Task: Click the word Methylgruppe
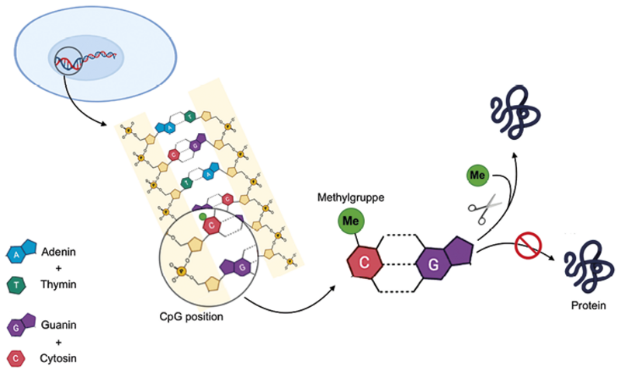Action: (351, 200)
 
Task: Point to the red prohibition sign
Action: (526, 248)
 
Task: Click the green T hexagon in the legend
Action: (17, 283)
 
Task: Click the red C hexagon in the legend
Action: (17, 357)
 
